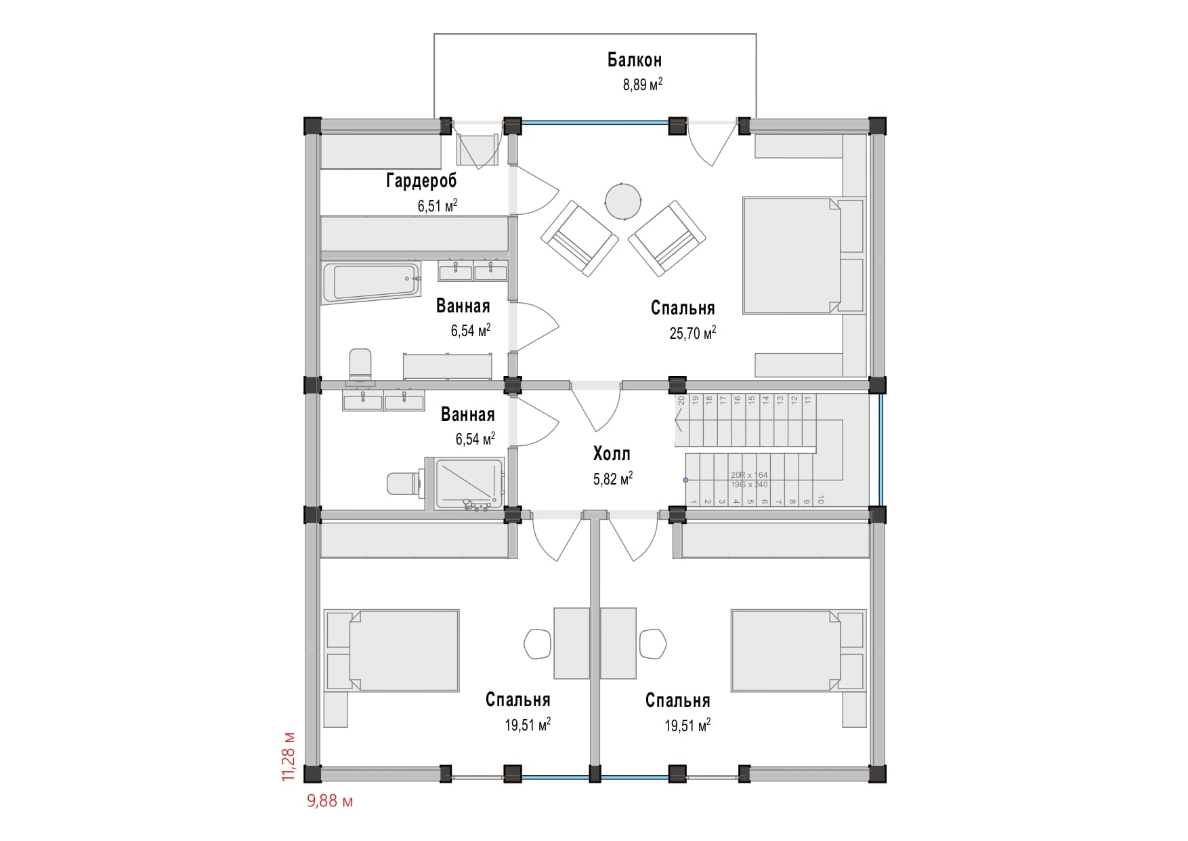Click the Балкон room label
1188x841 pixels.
(634, 60)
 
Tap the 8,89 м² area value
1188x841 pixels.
(642, 85)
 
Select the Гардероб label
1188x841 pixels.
(421, 180)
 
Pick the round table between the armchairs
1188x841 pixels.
(622, 201)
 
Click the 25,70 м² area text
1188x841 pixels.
(692, 333)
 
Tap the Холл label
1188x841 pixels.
(612, 453)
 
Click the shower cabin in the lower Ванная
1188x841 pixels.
(468, 483)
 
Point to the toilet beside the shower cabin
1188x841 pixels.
(402, 483)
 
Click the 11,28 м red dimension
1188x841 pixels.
(289, 756)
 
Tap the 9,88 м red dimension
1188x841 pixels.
(330, 802)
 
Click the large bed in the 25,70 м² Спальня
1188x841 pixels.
(791, 255)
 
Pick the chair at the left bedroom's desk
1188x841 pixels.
(538, 644)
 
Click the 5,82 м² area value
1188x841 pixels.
(612, 479)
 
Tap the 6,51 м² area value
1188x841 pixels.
(437, 206)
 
